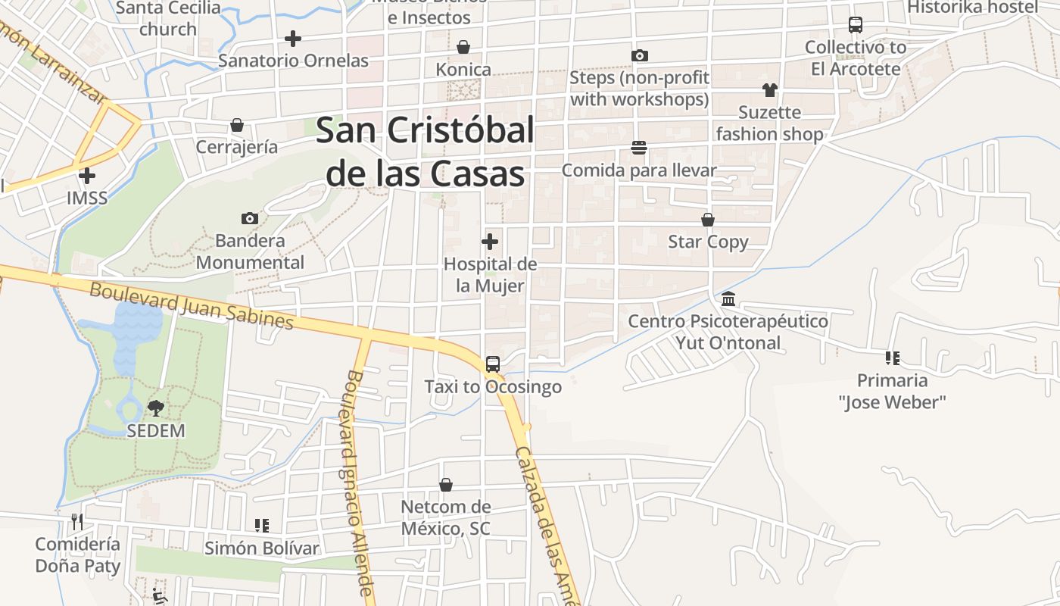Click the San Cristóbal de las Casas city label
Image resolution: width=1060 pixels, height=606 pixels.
pyautogui.click(x=425, y=151)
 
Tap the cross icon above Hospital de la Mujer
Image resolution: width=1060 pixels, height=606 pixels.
pyautogui.click(x=490, y=242)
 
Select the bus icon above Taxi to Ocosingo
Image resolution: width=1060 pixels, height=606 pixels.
pyautogui.click(x=493, y=364)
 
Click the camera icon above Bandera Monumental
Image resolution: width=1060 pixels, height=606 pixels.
pyautogui.click(x=250, y=219)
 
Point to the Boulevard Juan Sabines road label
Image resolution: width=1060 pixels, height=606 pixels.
pyautogui.click(x=191, y=305)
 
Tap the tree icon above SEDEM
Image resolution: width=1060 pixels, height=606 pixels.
pyautogui.click(x=156, y=408)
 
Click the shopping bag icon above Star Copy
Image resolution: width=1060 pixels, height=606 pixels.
pyautogui.click(x=708, y=220)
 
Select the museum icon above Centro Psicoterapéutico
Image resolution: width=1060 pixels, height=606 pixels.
pyautogui.click(x=728, y=298)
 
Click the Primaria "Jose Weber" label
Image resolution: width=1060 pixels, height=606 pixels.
pyautogui.click(x=893, y=391)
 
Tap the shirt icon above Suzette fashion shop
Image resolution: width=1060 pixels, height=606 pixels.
pyautogui.click(x=770, y=90)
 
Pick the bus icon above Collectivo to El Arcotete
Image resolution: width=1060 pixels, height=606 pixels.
pyautogui.click(x=856, y=25)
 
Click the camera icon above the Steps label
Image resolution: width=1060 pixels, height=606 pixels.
pyautogui.click(x=640, y=55)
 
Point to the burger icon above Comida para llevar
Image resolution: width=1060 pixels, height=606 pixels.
pyautogui.click(x=639, y=148)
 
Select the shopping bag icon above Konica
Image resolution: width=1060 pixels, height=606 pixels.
pyautogui.click(x=463, y=47)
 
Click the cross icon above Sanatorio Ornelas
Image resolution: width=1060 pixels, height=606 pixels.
pyautogui.click(x=293, y=38)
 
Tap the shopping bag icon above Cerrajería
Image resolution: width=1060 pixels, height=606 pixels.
pyautogui.click(x=237, y=125)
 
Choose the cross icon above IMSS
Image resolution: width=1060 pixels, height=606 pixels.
pyautogui.click(x=87, y=176)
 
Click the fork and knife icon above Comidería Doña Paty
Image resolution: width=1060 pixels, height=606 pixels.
pyautogui.click(x=77, y=521)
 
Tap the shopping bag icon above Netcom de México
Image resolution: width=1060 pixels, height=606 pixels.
pyautogui.click(x=446, y=485)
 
